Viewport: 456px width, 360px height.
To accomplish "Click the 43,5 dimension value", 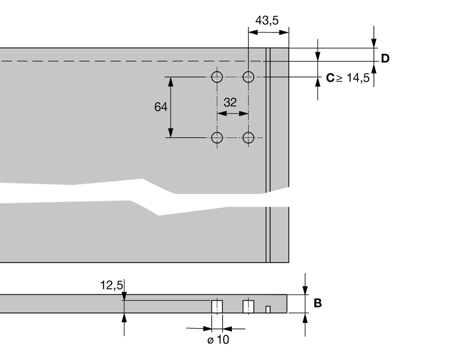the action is click(267, 20).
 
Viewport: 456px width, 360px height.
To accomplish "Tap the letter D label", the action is click(385, 58).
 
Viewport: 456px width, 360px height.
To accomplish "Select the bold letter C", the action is click(330, 78).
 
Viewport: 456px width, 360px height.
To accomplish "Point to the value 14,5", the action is click(358, 78).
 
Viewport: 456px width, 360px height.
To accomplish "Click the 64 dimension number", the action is click(161, 107).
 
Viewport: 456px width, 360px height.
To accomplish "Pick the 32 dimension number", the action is click(230, 103).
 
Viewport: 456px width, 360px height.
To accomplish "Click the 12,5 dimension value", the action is click(112, 285).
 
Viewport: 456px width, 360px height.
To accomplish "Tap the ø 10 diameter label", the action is click(218, 340).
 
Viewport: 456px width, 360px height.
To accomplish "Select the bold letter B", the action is click(318, 303).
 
